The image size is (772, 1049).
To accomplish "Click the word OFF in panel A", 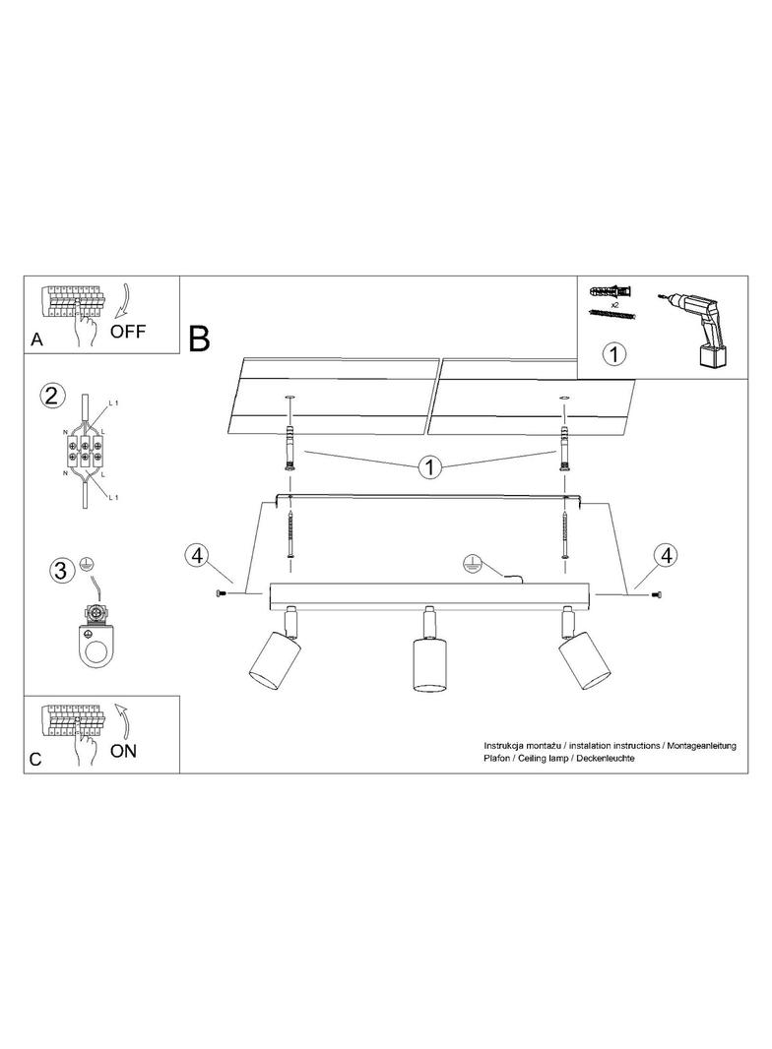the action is (x=127, y=331).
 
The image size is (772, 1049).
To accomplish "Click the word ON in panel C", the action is (x=123, y=751).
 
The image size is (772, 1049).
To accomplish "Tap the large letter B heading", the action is (x=199, y=339).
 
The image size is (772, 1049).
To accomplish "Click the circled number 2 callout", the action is (x=53, y=396).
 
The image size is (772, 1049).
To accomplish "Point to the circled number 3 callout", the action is (x=60, y=571).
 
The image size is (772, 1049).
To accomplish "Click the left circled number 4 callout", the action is (x=196, y=555).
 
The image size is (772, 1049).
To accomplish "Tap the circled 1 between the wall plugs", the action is (x=430, y=466).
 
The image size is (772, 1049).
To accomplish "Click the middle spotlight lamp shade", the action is (x=428, y=664).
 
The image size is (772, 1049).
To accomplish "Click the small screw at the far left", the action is (x=220, y=592).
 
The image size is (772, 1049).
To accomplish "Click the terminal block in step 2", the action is (x=83, y=451).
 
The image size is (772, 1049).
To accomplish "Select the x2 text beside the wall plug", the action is (x=614, y=304).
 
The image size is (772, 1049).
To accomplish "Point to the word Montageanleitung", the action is (x=701, y=745).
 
